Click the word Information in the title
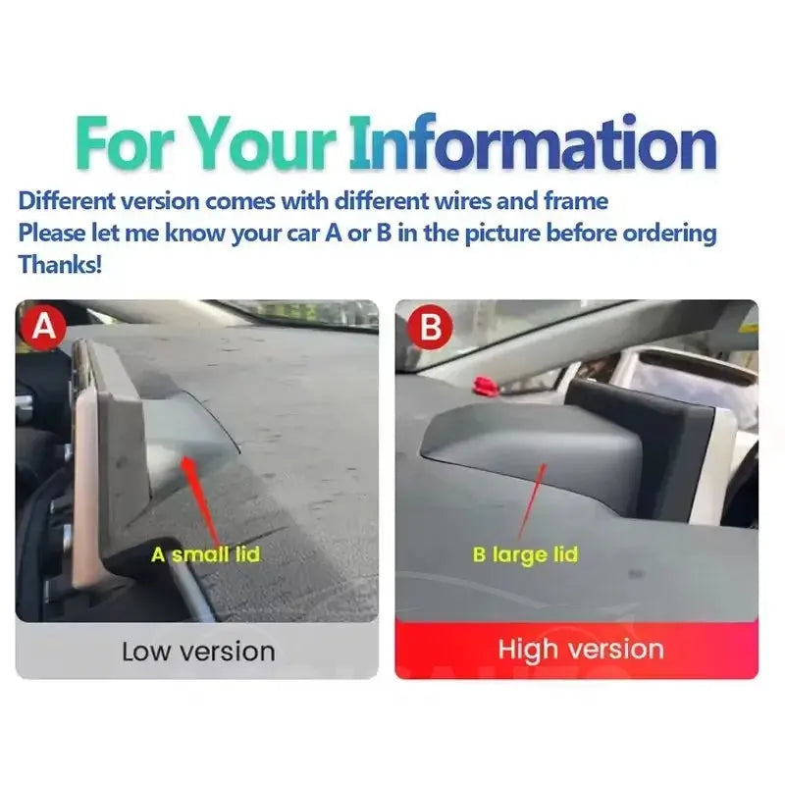533,142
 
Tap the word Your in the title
264,143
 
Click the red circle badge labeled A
43,328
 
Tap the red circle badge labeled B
430,328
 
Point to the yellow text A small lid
206,554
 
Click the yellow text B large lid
525,554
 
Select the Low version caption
198,652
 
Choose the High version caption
581,650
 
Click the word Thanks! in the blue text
60,264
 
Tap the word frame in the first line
576,201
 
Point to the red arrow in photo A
200,499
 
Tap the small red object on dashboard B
485,386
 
